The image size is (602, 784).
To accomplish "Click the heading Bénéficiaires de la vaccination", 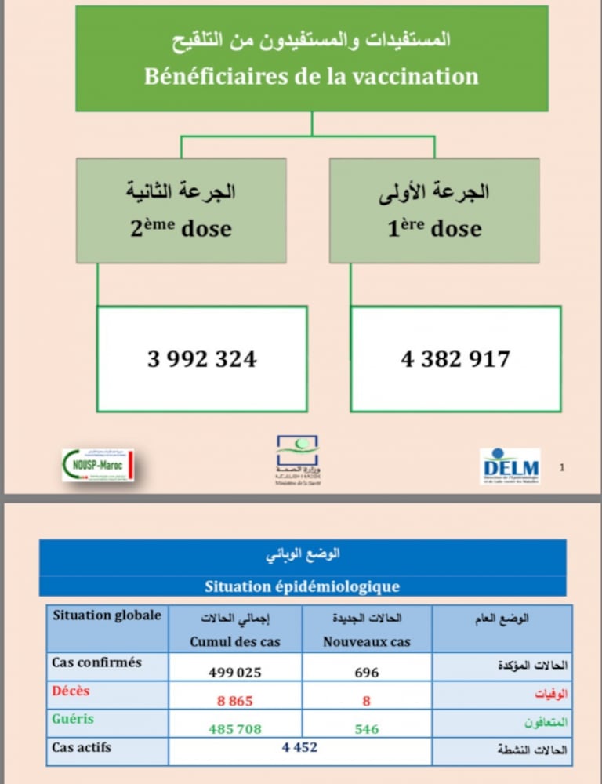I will coord(311,77).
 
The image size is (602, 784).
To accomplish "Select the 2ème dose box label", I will coord(181,228).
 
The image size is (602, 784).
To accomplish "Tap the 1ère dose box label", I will coord(434,228).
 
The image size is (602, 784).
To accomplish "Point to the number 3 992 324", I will coord(202,359).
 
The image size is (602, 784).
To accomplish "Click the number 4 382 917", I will coord(455,359).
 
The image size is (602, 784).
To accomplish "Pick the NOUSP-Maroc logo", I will coord(98,465).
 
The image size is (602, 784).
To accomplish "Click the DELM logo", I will coord(510,466).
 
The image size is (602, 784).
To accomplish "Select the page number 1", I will coord(562,467).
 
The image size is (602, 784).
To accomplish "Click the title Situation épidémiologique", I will coord(303,586).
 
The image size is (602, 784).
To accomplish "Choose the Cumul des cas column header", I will coord(235,641).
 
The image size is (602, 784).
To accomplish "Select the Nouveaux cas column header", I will coord(367,641).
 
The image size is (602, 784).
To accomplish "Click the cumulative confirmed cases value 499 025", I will coord(235,672).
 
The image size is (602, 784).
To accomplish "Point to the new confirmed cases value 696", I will coord(366,672).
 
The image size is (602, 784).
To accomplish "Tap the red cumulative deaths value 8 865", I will coord(235,701).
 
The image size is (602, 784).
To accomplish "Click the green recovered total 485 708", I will coord(235,729).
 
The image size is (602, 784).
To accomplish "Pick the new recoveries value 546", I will coord(366,729).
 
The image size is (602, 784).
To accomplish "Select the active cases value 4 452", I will coord(300,747).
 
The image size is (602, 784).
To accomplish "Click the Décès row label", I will coord(71,691).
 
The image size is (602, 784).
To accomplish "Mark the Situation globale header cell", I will coord(107,615).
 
